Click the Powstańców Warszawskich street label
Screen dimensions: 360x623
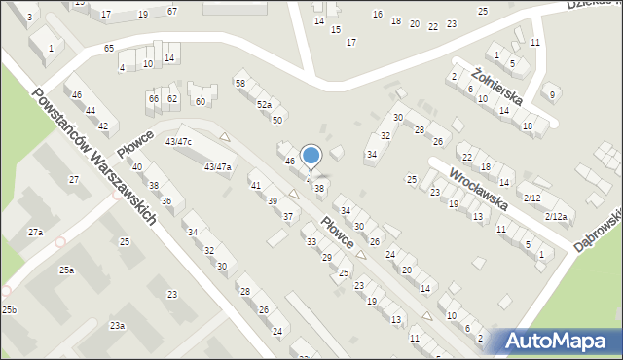tap(94, 158)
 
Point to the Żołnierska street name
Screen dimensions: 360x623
tap(497, 87)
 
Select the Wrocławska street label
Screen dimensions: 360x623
tap(480, 189)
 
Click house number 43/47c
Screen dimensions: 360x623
tap(178, 142)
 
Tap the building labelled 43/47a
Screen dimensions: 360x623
tap(217, 167)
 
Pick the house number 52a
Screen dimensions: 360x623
tap(263, 104)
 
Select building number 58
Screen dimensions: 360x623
tap(239, 84)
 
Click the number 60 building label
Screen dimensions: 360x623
tap(201, 101)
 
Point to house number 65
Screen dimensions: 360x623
tap(108, 48)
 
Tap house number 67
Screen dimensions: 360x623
tap(172, 11)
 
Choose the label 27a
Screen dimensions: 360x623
tap(35, 233)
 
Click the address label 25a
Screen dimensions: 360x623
tap(66, 270)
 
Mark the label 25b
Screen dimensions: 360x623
tap(9, 309)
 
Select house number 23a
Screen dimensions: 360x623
tap(117, 325)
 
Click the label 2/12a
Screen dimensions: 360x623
tap(556, 215)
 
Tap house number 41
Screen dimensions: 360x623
tap(256, 185)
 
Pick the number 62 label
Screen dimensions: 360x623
tap(172, 98)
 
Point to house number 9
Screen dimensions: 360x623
tap(552, 94)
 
